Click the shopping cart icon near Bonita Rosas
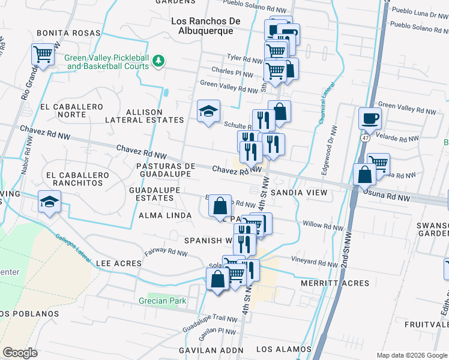coord(43,55)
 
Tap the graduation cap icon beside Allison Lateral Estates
coord(208,111)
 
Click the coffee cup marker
coord(370,118)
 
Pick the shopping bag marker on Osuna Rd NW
coord(364,175)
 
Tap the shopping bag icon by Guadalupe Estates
coord(220,206)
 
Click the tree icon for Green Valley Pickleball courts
coord(158,60)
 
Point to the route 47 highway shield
coord(365,137)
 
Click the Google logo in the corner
coord(20,353)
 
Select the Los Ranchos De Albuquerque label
coord(206,26)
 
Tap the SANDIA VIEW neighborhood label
coord(298,193)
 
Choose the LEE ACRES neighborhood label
coord(119,263)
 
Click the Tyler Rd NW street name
coord(244,58)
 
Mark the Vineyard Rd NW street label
coord(315,263)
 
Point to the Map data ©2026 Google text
coord(411,355)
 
